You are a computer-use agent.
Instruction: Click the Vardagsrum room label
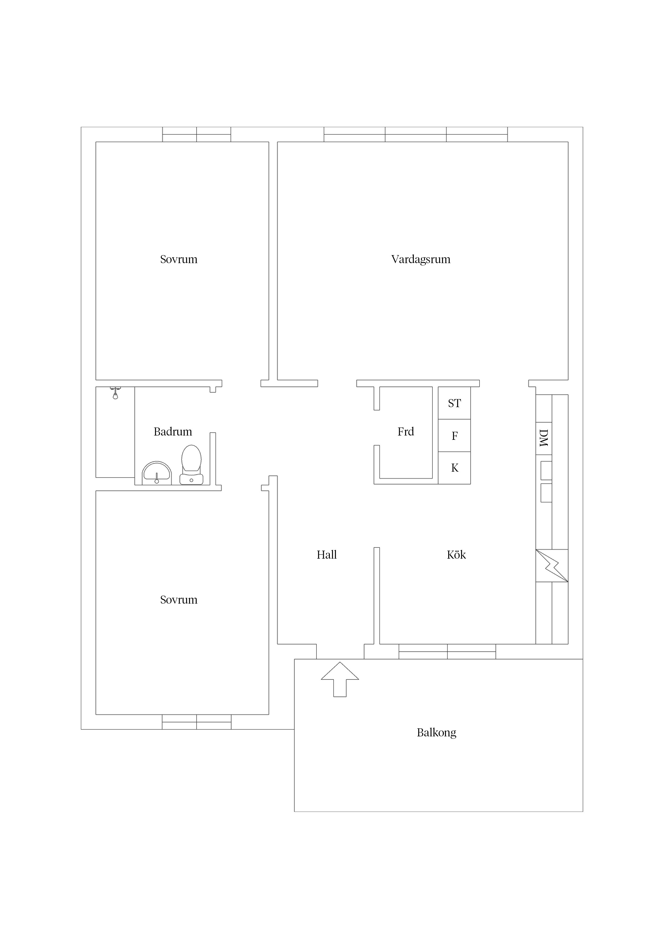(x=421, y=260)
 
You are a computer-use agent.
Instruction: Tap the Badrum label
(x=173, y=431)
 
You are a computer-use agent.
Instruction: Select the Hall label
(x=326, y=555)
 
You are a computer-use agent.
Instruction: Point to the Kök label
(x=456, y=555)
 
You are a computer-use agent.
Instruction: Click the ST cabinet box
(x=454, y=403)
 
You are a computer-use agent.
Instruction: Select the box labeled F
(x=454, y=436)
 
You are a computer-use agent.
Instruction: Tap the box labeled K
(x=454, y=468)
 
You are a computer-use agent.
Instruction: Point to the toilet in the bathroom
(x=191, y=465)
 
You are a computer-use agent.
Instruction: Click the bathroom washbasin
(x=157, y=473)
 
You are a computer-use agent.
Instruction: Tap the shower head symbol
(x=115, y=393)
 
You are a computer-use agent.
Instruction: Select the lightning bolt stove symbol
(x=552, y=566)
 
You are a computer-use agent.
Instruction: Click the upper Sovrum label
(x=179, y=259)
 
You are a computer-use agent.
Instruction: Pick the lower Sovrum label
(x=179, y=600)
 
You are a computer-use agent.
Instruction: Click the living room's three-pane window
(x=416, y=135)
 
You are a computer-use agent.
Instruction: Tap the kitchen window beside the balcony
(x=447, y=652)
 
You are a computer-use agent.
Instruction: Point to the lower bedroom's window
(x=197, y=722)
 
